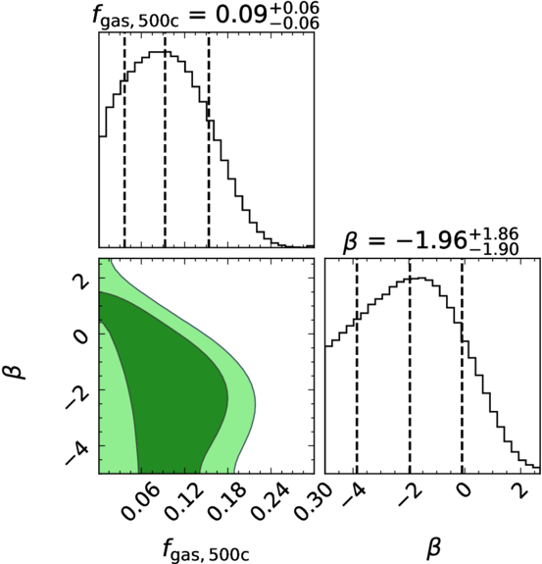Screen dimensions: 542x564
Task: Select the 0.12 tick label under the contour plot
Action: pyautogui.click(x=181, y=503)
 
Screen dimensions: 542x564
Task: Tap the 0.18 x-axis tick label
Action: pyautogui.click(x=224, y=503)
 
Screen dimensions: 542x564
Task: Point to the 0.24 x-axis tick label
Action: pyautogui.click(x=269, y=503)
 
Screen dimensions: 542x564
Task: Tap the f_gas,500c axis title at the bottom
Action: pyautogui.click(x=206, y=549)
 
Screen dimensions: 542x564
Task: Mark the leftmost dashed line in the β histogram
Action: pyautogui.click(x=357, y=366)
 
